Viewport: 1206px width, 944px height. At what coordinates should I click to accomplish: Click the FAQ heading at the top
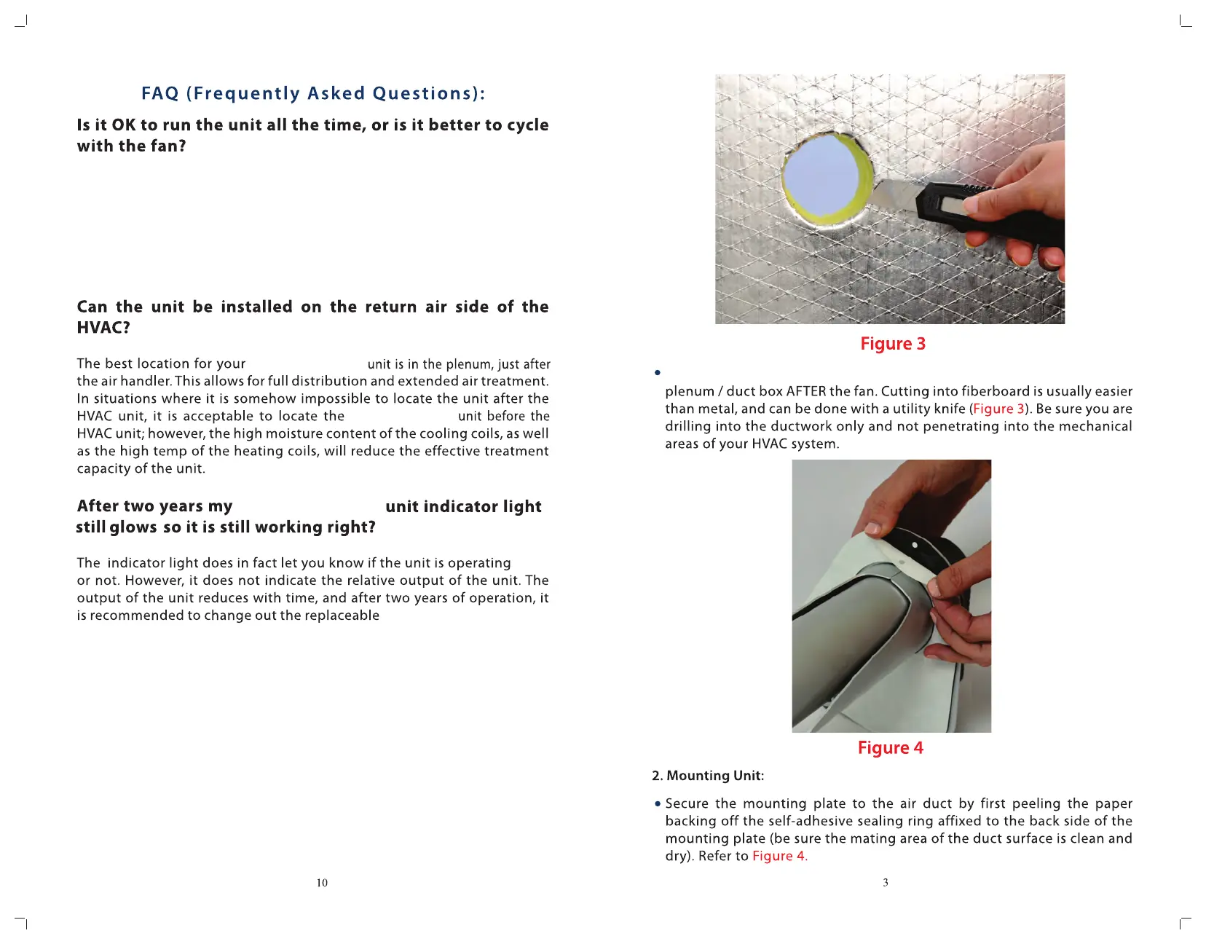313,94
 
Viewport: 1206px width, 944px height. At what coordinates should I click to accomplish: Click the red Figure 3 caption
892,344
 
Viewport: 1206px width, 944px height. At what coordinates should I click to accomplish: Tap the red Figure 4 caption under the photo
890,748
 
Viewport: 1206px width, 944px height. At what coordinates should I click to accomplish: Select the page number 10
322,883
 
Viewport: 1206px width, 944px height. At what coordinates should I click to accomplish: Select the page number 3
886,883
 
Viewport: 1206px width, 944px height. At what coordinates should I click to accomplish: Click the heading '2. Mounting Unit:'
707,776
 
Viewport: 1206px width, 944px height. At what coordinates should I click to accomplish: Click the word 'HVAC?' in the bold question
103,328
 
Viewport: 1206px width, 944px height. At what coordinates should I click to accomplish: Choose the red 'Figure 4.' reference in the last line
779,857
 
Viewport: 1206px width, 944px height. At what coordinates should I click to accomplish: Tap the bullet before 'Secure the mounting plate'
658,804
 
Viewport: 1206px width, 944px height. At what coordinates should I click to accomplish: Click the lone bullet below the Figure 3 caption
658,373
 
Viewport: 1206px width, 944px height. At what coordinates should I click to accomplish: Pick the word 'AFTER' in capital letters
805,392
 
